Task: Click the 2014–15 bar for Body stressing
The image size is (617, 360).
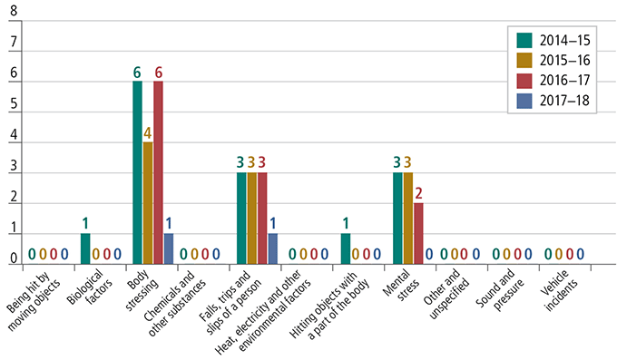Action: (137, 172)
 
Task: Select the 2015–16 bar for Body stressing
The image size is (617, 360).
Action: (148, 203)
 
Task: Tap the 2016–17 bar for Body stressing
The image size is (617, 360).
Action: (158, 172)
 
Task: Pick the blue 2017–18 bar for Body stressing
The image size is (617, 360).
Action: (169, 248)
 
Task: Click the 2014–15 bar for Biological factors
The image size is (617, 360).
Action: (85, 248)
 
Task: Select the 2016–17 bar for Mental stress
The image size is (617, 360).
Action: (418, 233)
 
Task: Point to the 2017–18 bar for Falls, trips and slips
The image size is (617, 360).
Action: (273, 248)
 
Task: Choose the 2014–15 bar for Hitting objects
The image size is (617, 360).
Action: (345, 248)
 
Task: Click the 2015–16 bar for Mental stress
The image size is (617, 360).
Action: (407, 218)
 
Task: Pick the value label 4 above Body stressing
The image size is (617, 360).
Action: (148, 132)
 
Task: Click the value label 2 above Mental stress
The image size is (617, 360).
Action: (418, 193)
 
